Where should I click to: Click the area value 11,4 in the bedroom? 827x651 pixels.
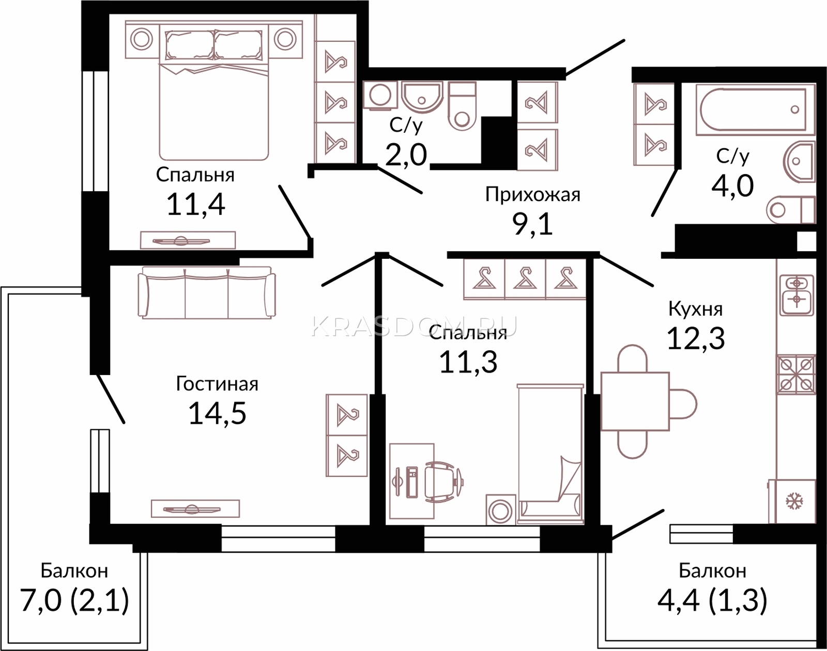click(x=195, y=205)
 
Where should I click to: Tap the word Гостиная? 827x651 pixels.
click(x=217, y=383)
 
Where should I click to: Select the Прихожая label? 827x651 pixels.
click(x=532, y=195)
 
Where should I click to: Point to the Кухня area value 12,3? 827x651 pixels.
click(x=696, y=338)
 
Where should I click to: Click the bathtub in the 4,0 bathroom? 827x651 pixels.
click(x=755, y=110)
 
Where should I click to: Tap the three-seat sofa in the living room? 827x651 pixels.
click(x=207, y=293)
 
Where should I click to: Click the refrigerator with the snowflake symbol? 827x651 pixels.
click(x=792, y=501)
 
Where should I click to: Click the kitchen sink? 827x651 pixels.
click(x=797, y=294)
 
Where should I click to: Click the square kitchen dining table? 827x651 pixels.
click(x=635, y=401)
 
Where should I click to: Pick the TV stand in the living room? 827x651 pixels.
click(x=195, y=508)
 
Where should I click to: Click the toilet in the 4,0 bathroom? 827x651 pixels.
click(x=791, y=209)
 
